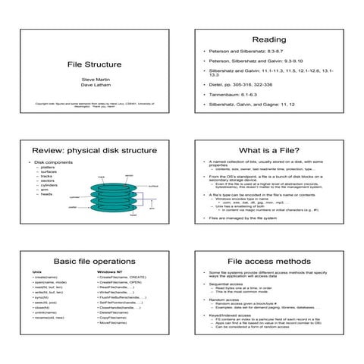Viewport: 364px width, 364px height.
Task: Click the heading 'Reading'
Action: [x=268, y=39]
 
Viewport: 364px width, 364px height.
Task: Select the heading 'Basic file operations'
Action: [x=94, y=261]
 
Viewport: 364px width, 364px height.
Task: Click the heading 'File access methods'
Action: [x=268, y=261]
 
